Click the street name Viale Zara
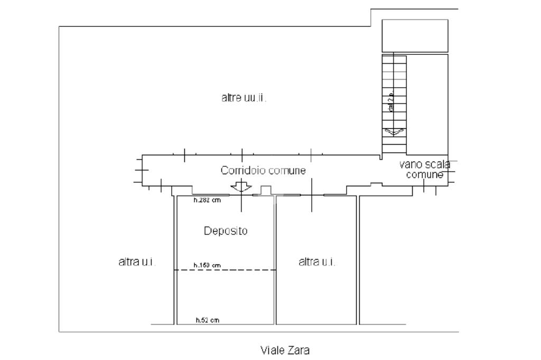coord(285,349)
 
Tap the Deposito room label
coord(226,231)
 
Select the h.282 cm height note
coord(207,200)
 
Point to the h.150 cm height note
coord(207,266)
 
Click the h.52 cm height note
coord(207,320)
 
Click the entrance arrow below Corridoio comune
coord(241,186)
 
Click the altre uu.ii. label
coord(244,98)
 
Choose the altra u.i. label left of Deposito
coord(137,262)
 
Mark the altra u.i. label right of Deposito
coord(317,262)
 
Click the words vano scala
coord(425,165)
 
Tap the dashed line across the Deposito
coord(226,270)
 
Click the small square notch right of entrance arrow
coord(266,190)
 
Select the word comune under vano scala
coord(425,175)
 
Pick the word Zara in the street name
coord(299,349)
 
